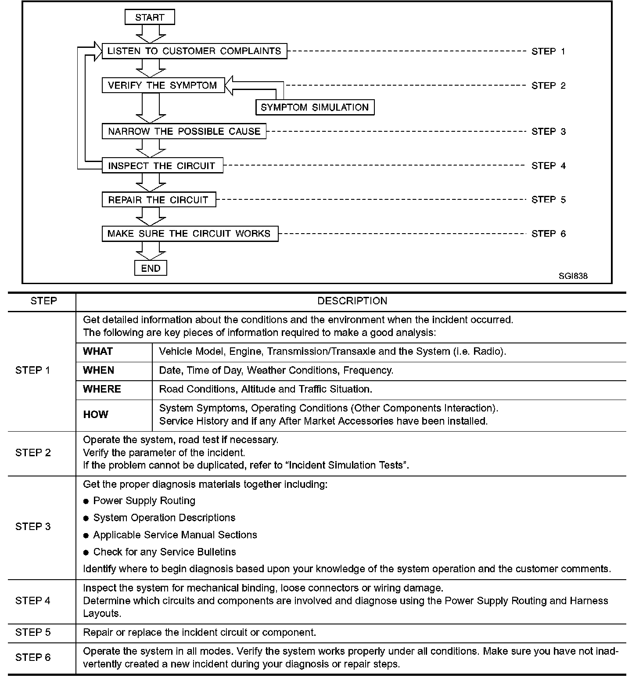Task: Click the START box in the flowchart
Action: [x=150, y=18]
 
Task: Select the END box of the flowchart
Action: [x=151, y=268]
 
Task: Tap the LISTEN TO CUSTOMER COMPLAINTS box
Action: [x=194, y=51]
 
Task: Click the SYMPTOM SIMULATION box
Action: [x=315, y=108]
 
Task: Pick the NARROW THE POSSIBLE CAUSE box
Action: [x=184, y=131]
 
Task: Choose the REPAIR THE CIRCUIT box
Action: [x=158, y=200]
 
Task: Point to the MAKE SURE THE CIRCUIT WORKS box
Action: [x=190, y=234]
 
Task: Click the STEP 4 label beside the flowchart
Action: [x=548, y=166]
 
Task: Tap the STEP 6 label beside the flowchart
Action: [x=548, y=234]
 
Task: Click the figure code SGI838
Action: [x=573, y=276]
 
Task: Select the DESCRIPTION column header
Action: [x=352, y=301]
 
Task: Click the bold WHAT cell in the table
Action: [x=98, y=351]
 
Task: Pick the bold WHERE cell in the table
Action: [x=102, y=389]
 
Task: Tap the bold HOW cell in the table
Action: [x=95, y=415]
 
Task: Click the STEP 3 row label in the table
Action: [x=33, y=527]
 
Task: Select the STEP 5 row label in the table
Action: [x=33, y=632]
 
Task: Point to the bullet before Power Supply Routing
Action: [x=86, y=501]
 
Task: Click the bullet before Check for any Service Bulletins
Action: [x=86, y=552]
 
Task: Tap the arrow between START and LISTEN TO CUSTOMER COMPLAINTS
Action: [x=151, y=33]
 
